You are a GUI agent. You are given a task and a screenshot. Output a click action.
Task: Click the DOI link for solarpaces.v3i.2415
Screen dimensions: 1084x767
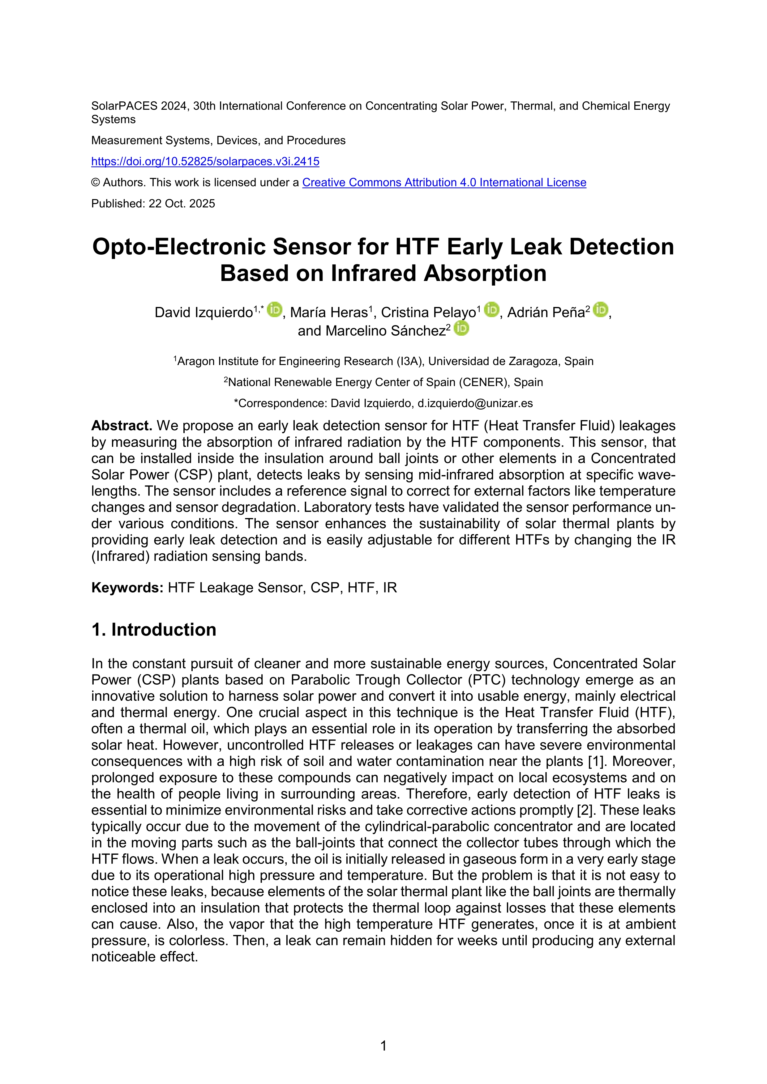click(205, 161)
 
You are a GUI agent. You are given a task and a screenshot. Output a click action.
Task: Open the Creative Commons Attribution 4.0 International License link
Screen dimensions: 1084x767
click(444, 183)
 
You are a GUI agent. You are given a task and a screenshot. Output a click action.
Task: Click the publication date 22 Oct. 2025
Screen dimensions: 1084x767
click(182, 203)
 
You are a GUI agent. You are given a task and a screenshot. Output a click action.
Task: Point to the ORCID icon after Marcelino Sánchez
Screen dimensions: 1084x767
click(461, 328)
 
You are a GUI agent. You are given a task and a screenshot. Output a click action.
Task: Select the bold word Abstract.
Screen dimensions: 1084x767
click(121, 426)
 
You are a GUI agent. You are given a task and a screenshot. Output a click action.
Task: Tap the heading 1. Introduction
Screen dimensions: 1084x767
click(154, 630)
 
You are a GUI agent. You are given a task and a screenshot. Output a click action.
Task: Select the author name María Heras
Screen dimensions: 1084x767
click(329, 312)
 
